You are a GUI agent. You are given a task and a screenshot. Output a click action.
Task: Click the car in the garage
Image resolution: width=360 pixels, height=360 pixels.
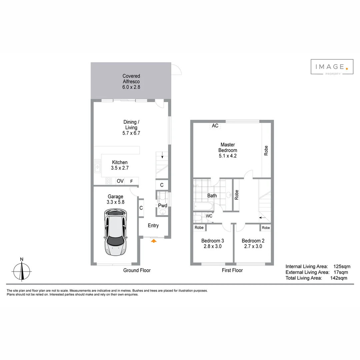(x=115, y=232)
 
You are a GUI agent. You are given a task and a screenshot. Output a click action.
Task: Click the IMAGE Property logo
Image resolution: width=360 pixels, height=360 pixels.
(x=332, y=67)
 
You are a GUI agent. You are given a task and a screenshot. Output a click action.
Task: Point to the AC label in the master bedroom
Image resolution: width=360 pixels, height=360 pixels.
(x=215, y=126)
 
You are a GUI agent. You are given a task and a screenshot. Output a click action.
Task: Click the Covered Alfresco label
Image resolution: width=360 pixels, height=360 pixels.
(x=131, y=79)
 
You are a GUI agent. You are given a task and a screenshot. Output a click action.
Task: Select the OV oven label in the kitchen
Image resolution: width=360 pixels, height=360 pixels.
(x=120, y=181)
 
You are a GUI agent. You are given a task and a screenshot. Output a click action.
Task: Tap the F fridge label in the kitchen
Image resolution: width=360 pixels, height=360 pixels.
(x=132, y=181)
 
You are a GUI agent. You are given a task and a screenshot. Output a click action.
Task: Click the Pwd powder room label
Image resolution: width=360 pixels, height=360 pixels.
(x=162, y=206)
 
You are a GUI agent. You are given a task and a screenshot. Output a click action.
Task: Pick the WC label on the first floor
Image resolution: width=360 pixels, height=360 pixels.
(x=209, y=216)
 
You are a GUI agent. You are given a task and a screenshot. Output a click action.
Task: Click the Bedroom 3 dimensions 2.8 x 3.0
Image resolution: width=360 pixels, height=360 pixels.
(x=212, y=247)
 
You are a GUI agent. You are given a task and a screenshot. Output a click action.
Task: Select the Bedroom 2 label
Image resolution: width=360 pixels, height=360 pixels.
(x=253, y=241)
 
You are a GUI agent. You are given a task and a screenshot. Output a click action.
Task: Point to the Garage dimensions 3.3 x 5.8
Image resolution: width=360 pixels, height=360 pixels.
(x=115, y=202)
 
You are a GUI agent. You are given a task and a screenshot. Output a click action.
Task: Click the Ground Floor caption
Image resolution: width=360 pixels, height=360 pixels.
(x=137, y=270)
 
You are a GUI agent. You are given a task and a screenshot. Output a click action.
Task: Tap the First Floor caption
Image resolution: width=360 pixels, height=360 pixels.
(x=232, y=270)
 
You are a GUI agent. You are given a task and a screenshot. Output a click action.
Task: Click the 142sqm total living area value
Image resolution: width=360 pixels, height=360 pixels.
(x=338, y=278)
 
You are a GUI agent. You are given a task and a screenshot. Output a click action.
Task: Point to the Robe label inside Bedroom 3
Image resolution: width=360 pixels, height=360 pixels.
(x=199, y=228)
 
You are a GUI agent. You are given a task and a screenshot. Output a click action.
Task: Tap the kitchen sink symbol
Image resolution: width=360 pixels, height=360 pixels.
(x=97, y=166)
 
